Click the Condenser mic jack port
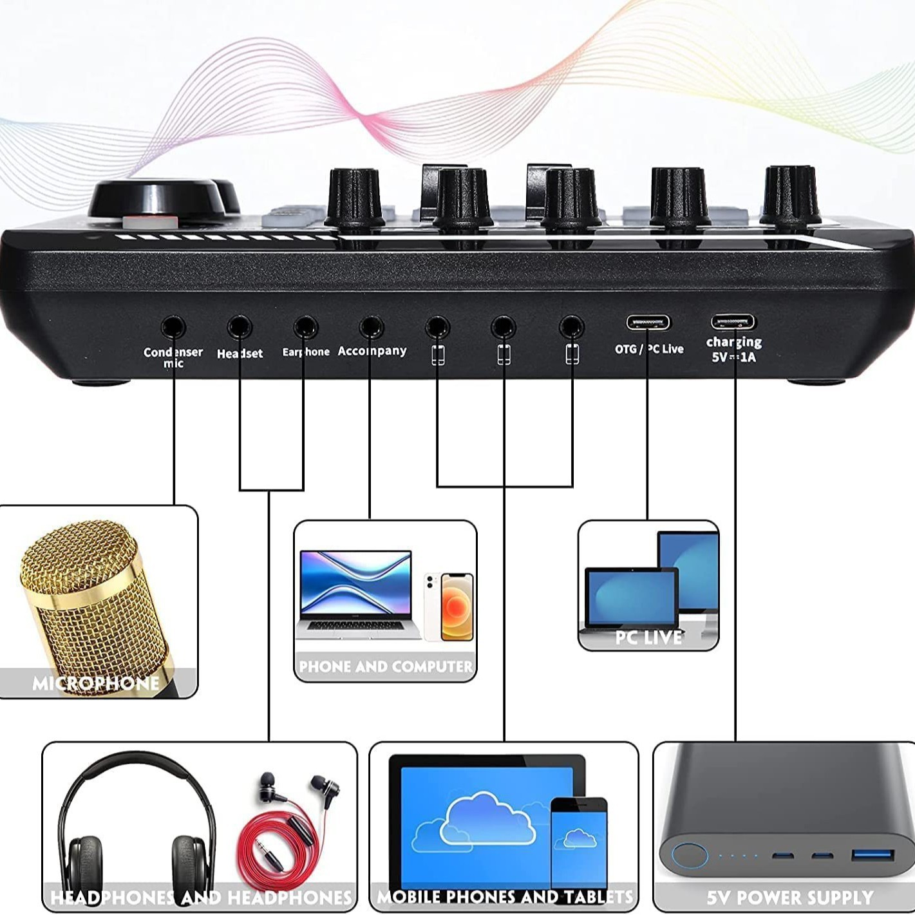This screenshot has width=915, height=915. [173, 327]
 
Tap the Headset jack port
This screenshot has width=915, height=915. [239, 327]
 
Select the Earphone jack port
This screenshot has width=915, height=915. [305, 327]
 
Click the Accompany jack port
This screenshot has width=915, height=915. [371, 327]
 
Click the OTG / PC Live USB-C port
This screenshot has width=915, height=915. [648, 322]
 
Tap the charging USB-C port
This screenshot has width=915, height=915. [733, 321]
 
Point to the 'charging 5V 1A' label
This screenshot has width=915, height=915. [734, 349]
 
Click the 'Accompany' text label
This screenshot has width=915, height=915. [372, 351]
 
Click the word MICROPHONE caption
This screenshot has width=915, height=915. [96, 683]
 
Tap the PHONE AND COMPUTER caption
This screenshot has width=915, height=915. [385, 666]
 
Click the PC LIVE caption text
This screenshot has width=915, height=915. [648, 637]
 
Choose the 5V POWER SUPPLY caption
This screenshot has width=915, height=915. [789, 897]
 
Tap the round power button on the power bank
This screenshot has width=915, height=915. [690, 856]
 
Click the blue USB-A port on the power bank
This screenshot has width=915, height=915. [873, 855]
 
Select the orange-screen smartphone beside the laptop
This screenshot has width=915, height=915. [457, 607]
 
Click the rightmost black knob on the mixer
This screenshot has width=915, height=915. [790, 196]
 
